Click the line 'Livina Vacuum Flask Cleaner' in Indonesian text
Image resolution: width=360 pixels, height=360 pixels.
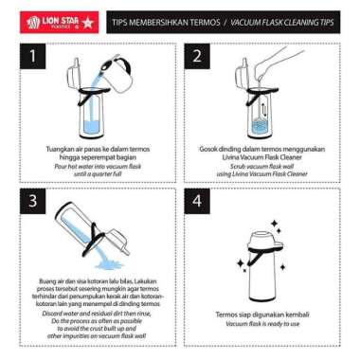(x=256, y=157)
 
